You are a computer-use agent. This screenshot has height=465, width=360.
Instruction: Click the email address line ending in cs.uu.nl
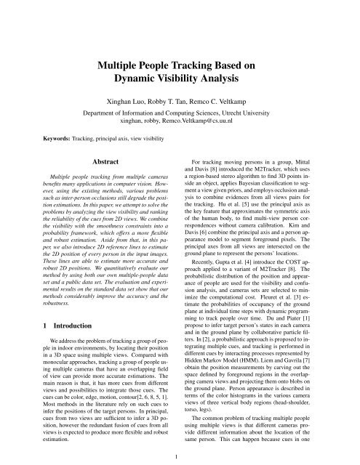coord(179,124)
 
